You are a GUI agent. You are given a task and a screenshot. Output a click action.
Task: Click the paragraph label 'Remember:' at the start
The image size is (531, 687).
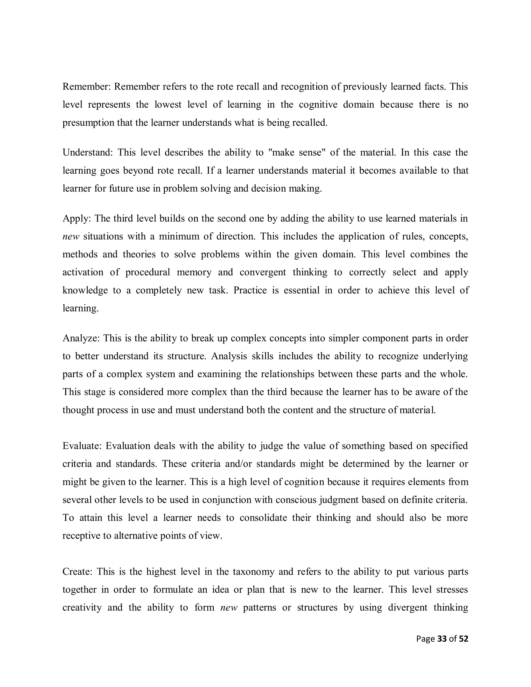(87, 87)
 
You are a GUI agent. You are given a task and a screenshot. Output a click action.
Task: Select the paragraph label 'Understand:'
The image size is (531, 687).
(87, 152)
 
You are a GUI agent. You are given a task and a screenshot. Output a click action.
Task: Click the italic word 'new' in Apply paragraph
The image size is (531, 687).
(71, 236)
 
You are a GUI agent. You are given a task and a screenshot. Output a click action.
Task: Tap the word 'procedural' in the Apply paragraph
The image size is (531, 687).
(148, 272)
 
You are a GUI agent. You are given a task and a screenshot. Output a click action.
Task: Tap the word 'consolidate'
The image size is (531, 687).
(263, 518)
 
